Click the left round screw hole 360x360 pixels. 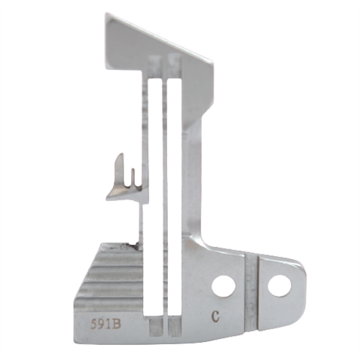click(223, 285)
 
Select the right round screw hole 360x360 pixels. click(279, 284)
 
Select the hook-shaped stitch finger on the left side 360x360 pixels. click(124, 181)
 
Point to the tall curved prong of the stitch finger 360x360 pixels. click(119, 169)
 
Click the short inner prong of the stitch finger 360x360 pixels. click(133, 176)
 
